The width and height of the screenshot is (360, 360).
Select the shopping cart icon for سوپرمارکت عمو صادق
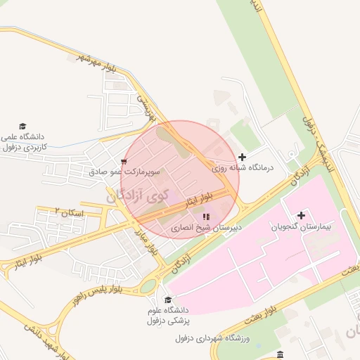point(124,162)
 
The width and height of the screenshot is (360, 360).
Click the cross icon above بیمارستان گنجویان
point(302,214)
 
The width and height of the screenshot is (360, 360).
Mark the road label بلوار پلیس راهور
point(96,293)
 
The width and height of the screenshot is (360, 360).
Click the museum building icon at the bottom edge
point(281,353)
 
